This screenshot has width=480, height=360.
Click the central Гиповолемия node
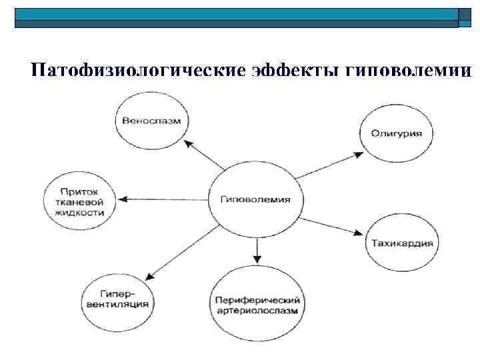[x=255, y=199]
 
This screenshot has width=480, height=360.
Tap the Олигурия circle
[x=396, y=133]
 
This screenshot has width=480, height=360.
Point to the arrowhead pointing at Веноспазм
[x=189, y=143]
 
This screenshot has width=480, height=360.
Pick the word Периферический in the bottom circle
[x=257, y=301]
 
